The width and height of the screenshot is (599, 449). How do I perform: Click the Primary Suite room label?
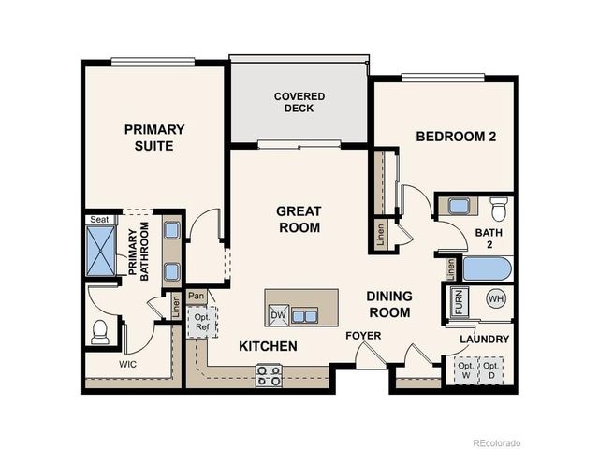pyautogui.click(x=154, y=137)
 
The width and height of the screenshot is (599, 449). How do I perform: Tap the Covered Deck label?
pyautogui.click(x=299, y=102)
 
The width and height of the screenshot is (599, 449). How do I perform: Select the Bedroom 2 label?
pyautogui.click(x=456, y=137)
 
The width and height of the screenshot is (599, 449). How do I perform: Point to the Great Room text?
pyautogui.click(x=299, y=219)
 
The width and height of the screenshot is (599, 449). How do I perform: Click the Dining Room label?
pyautogui.click(x=388, y=303)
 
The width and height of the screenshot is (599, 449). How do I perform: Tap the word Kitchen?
pyautogui.click(x=268, y=346)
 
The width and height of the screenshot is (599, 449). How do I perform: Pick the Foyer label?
pyautogui.click(x=362, y=335)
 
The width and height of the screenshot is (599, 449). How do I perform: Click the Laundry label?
pyautogui.click(x=484, y=339)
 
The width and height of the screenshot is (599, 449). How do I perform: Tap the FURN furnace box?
pyautogui.click(x=458, y=301)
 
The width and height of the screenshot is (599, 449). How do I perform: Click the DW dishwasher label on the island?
pyautogui.click(x=278, y=315)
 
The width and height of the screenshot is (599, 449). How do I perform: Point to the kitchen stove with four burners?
pyautogui.click(x=269, y=375)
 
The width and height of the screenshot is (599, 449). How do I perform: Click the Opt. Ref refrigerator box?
pyautogui.click(x=202, y=321)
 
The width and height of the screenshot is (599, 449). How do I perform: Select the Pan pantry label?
pyautogui.click(x=196, y=297)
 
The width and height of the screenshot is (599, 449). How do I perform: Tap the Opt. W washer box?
pyautogui.click(x=465, y=370)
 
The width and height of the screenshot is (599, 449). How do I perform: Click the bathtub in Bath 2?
pyautogui.click(x=487, y=269)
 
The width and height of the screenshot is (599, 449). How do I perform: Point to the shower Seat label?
pyautogui.click(x=98, y=220)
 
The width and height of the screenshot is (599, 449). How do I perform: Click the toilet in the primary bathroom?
pyautogui.click(x=100, y=331)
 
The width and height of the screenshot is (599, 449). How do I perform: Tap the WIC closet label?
pyautogui.click(x=129, y=364)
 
